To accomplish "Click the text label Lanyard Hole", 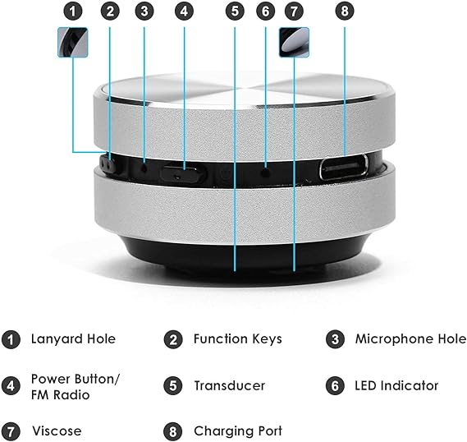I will click(73, 338).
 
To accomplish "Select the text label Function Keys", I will click(237, 338).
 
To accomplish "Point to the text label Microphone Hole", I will click(410, 338).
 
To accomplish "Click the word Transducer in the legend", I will click(230, 385).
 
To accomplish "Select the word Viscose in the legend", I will click(57, 431).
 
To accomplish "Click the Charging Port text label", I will click(238, 431).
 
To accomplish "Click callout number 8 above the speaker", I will click(343, 12).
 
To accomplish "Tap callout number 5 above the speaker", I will click(235, 12).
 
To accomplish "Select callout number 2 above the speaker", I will click(109, 12).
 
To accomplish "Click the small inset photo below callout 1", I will click(73, 42).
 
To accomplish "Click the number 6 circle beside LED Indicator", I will click(333, 385).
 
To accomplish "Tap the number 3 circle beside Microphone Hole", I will click(333, 338).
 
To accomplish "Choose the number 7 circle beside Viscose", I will click(11, 431).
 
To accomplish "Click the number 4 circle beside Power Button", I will click(11, 385).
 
